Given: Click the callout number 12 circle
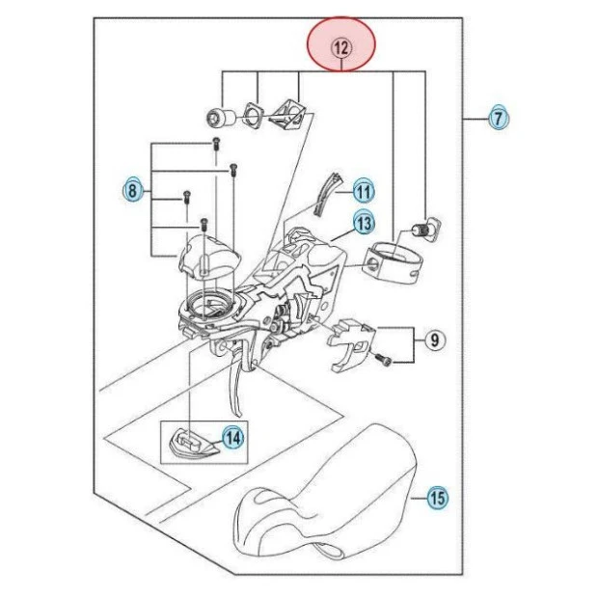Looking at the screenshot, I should [x=341, y=45].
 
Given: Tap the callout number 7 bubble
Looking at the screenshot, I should [x=498, y=119].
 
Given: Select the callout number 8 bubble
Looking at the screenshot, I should [x=133, y=190].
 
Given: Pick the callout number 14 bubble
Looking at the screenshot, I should [x=231, y=437].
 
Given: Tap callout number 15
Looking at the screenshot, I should [x=437, y=499].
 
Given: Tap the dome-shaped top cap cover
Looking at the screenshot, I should [x=208, y=253].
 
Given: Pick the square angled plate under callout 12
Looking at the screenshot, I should [x=288, y=115].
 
